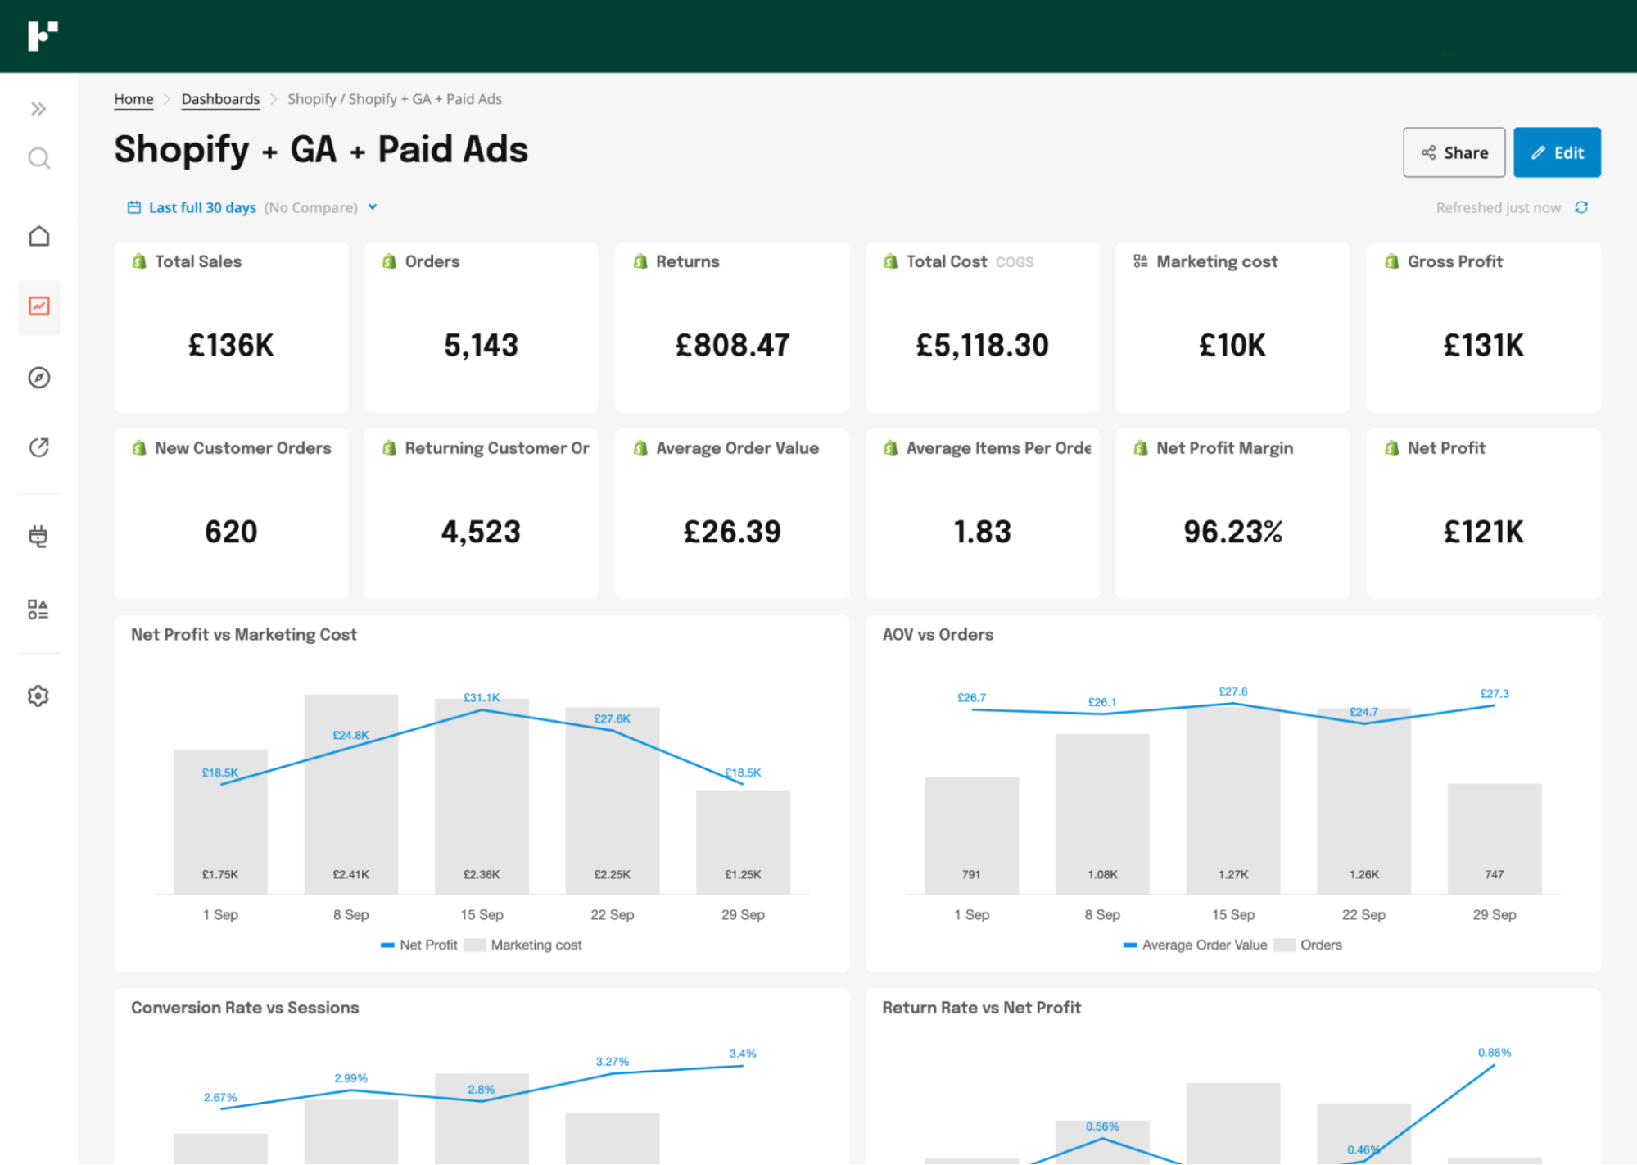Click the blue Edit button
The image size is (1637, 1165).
pos(1556,152)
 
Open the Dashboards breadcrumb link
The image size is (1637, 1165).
pos(220,99)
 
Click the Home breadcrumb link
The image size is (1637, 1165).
pos(133,99)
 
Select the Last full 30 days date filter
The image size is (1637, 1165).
pos(202,207)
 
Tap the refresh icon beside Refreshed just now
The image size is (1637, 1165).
pos(1580,207)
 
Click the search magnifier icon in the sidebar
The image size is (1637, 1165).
pos(38,158)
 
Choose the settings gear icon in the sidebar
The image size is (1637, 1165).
pos(38,696)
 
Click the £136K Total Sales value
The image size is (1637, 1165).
pos(231,345)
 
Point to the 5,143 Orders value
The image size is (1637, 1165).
pos(481,345)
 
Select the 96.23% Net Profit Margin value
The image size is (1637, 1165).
pos(1232,532)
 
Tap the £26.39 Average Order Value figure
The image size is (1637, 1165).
pos(732,532)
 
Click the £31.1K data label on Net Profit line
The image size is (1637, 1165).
pos(482,697)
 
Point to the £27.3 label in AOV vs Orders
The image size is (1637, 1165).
pos(1494,693)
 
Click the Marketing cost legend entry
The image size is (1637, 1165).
pos(536,945)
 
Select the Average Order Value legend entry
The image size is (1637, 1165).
pos(1203,945)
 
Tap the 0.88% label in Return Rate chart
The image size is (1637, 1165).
pos(1494,1052)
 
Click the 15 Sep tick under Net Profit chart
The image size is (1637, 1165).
pos(482,914)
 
